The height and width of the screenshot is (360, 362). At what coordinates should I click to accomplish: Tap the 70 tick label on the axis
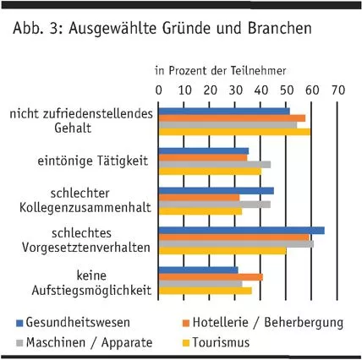[338, 89]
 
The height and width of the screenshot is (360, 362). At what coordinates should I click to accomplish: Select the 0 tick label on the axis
[159, 89]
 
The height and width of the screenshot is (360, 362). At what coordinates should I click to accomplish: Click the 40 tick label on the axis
[261, 89]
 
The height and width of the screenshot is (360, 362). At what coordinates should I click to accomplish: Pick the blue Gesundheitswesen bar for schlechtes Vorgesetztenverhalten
[241, 230]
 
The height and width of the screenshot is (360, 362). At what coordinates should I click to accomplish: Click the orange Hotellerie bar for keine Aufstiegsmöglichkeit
[211, 277]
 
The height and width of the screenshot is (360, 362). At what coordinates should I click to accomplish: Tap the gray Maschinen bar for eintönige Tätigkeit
[215, 165]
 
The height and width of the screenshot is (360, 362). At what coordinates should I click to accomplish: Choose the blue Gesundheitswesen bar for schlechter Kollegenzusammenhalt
[217, 191]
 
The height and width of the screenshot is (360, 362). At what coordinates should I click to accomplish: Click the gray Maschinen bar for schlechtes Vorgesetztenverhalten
[236, 243]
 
